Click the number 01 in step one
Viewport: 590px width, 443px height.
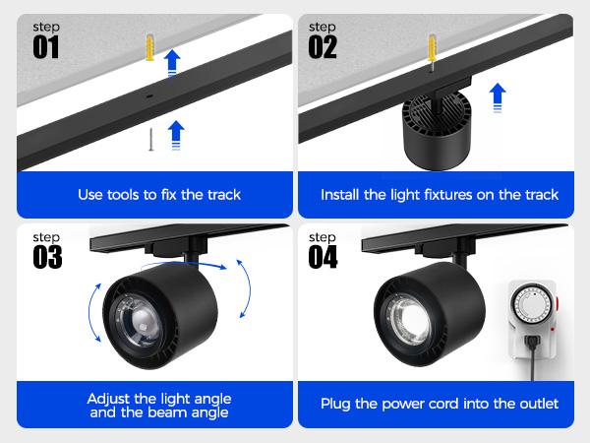click(46, 47)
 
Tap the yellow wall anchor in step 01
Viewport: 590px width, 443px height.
click(149, 46)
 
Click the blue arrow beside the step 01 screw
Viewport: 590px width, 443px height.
click(176, 133)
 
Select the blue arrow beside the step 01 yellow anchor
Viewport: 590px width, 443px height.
click(173, 61)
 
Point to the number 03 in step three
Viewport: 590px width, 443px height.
click(46, 257)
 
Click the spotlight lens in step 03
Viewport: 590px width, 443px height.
click(138, 320)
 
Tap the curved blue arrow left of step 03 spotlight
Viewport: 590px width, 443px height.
click(93, 312)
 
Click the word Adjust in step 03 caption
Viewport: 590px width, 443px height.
click(109, 399)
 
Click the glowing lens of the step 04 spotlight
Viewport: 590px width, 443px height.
click(405, 320)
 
